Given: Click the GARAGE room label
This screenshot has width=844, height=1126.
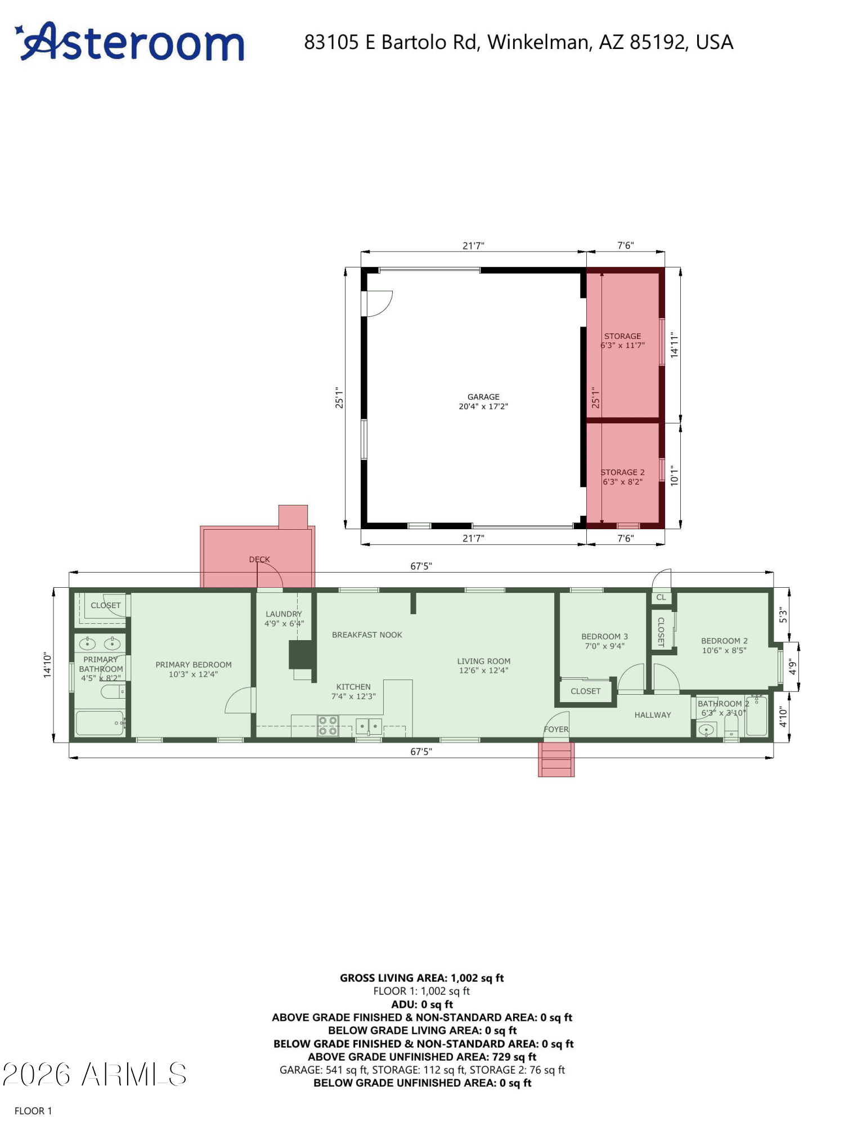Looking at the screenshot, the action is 483,397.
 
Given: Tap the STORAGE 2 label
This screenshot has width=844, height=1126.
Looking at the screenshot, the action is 622,472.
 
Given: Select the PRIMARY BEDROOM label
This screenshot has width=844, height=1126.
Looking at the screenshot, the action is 194,665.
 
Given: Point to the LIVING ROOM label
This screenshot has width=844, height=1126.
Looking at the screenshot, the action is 484,662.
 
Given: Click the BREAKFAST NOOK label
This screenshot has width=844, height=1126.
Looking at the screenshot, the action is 367,635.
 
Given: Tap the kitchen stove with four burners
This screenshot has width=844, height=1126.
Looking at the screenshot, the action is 328,726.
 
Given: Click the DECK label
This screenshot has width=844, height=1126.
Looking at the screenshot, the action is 259,560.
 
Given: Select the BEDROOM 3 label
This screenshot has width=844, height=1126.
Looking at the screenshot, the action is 605,637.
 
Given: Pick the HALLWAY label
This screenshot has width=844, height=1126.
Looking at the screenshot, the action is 653,715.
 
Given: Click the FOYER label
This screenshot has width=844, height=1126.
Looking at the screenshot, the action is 556,730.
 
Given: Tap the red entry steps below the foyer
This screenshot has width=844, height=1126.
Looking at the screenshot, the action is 556,759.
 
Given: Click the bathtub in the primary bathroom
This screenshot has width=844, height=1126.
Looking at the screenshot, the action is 100,723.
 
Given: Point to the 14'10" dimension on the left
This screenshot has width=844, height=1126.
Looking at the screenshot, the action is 48,665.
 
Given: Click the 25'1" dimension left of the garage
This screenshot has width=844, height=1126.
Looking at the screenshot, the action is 339,397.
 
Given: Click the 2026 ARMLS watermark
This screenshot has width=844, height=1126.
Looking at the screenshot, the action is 95,1075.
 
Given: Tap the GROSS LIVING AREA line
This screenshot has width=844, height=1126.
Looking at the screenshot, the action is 422,978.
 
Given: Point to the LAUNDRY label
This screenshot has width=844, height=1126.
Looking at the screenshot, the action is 284,614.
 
